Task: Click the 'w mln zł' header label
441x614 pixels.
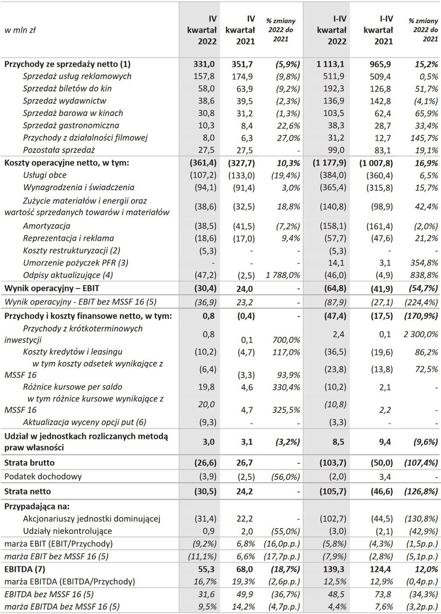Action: pos(20,30)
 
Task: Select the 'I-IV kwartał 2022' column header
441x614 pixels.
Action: pos(331,30)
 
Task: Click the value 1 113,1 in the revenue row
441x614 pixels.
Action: pos(330,64)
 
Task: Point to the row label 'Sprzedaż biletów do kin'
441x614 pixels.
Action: pos(67,89)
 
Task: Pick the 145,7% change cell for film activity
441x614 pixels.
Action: pos(424,138)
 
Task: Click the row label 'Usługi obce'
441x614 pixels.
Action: pos(45,175)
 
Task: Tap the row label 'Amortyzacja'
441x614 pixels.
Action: pos(46,226)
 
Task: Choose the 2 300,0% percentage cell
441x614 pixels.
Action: pos(421,334)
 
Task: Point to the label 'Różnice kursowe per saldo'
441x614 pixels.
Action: pos(72,387)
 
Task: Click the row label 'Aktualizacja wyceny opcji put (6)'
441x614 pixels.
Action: pos(84,422)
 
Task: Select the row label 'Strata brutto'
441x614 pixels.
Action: pos(29,463)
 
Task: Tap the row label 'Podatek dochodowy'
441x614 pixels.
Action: pos(43,476)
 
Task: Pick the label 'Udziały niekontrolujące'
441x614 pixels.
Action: pos(67,531)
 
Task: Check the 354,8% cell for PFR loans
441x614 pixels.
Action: pos(424,263)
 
